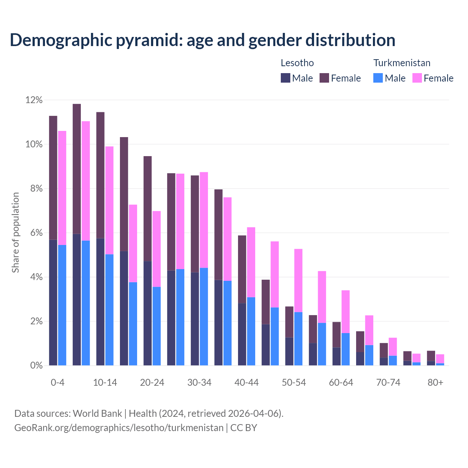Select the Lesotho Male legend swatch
click(x=285, y=78)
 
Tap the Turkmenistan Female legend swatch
click(x=417, y=78)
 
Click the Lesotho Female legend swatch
click(x=324, y=78)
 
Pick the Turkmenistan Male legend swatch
click(x=378, y=78)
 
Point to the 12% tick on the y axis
click(x=34, y=100)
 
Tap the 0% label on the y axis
click(x=36, y=365)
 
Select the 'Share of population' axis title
click(x=15, y=233)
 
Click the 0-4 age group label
click(x=58, y=382)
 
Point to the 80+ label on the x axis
click(x=435, y=382)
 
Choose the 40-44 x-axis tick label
click(x=246, y=382)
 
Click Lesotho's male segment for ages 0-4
click(x=53, y=302)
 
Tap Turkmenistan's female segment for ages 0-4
click(x=62, y=188)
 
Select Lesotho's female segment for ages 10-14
click(x=100, y=175)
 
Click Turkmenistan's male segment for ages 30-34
click(x=204, y=317)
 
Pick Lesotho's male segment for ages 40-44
click(x=242, y=334)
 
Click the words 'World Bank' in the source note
click(x=97, y=414)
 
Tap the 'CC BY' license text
click(x=244, y=428)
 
